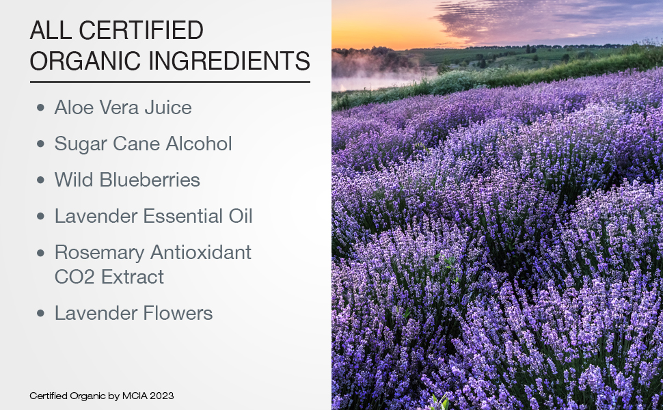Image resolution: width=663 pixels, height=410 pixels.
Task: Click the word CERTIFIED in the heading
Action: [x=140, y=31]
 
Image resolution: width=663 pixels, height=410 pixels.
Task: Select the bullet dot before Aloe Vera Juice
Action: [x=41, y=107]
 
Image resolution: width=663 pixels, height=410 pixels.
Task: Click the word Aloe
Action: [x=74, y=107]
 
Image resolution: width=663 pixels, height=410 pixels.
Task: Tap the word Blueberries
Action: [x=150, y=180]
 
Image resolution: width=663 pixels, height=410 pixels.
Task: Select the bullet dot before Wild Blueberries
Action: [x=41, y=180]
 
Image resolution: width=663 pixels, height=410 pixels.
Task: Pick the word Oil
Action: [x=240, y=216]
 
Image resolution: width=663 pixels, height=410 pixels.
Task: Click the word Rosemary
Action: [x=98, y=253]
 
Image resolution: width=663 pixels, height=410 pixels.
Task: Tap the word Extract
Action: [x=132, y=277]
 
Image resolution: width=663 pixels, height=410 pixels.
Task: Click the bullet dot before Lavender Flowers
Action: [x=41, y=313]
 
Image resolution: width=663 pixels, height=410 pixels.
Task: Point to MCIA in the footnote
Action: [x=134, y=396]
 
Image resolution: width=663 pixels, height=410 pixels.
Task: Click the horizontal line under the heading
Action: [x=170, y=82]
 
